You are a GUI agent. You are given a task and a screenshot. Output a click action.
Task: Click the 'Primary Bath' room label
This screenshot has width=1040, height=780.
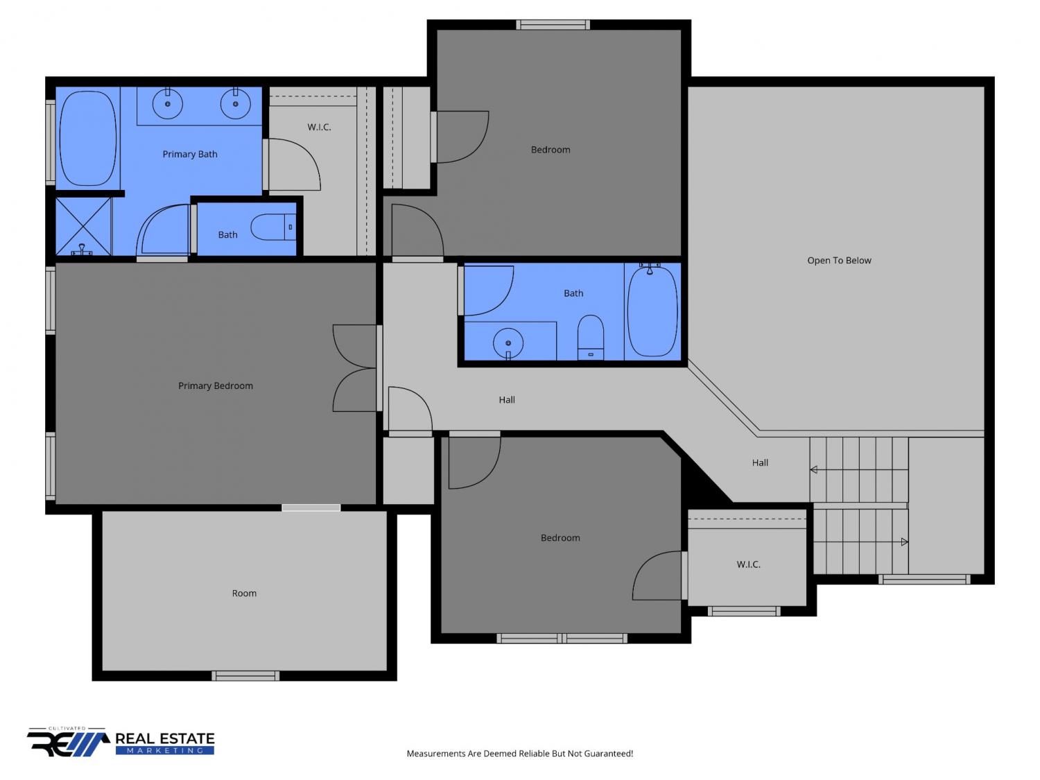[x=189, y=154]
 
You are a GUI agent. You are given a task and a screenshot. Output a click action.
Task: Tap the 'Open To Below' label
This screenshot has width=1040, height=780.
[x=839, y=260]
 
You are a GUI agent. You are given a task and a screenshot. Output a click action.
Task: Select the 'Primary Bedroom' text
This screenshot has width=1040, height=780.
[x=215, y=385]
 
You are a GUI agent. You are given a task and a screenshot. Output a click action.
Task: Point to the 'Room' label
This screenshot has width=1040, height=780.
[x=244, y=593]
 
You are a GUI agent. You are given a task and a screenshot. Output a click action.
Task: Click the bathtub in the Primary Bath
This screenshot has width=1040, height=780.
[x=87, y=138]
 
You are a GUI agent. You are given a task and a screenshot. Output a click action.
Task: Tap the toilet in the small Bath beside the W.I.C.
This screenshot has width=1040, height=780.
[x=273, y=227]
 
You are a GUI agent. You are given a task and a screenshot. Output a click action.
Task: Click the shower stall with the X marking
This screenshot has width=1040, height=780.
[x=83, y=227]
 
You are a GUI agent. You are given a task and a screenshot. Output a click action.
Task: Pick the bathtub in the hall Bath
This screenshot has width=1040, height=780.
[x=652, y=311]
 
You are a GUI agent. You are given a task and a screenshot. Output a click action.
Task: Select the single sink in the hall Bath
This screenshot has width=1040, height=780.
[x=508, y=343]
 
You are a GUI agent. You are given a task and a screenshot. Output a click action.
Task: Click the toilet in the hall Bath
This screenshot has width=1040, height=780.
[x=590, y=338]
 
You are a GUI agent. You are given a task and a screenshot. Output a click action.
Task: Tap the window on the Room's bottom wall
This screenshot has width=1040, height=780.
[x=245, y=676]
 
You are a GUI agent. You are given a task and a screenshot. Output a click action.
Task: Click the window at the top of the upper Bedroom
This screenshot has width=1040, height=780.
[x=553, y=25]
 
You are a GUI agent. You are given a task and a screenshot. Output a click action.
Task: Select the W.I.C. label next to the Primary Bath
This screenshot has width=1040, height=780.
[x=319, y=127]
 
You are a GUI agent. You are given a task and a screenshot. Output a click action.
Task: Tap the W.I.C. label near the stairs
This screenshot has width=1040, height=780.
[x=748, y=564]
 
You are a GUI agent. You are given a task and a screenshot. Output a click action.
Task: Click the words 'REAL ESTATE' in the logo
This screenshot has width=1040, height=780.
[x=165, y=738]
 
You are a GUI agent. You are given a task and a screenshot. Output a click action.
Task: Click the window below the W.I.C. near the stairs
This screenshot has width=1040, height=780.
[x=744, y=612]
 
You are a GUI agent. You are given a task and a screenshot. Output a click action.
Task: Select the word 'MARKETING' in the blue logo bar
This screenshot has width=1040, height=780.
[x=165, y=750]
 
